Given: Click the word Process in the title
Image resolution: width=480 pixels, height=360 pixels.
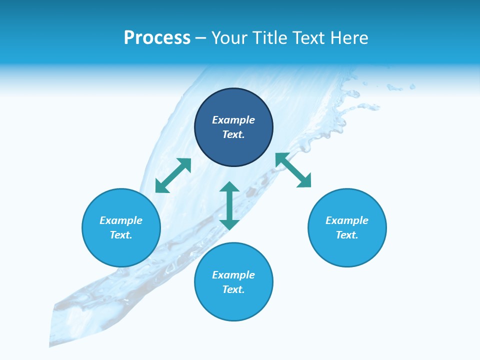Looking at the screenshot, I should tap(157, 38).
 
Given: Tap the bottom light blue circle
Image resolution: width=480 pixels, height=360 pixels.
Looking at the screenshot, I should tap(233, 305).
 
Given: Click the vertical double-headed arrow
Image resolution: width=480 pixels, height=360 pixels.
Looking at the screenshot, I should tap(229, 205).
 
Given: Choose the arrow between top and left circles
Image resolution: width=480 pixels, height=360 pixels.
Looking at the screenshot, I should tap(173, 175).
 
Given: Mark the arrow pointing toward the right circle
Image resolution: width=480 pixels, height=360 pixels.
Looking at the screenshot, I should tap(293, 170).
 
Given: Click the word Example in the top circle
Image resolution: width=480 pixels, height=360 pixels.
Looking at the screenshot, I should tap(233, 120).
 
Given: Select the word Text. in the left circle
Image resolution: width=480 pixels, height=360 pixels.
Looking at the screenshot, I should tap(121, 235).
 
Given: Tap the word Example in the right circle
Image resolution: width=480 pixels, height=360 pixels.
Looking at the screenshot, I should tap(347, 220).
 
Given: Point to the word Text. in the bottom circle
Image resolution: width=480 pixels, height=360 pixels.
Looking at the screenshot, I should tap(233, 289).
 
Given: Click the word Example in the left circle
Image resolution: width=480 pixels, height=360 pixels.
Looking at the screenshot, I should tap(121, 220).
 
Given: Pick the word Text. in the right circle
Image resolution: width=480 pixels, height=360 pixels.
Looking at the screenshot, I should tap(347, 235).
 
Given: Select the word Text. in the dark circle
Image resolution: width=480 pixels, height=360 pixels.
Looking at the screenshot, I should tap(233, 134).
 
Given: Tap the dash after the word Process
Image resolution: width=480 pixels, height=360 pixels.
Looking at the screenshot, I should tap(200, 38).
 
